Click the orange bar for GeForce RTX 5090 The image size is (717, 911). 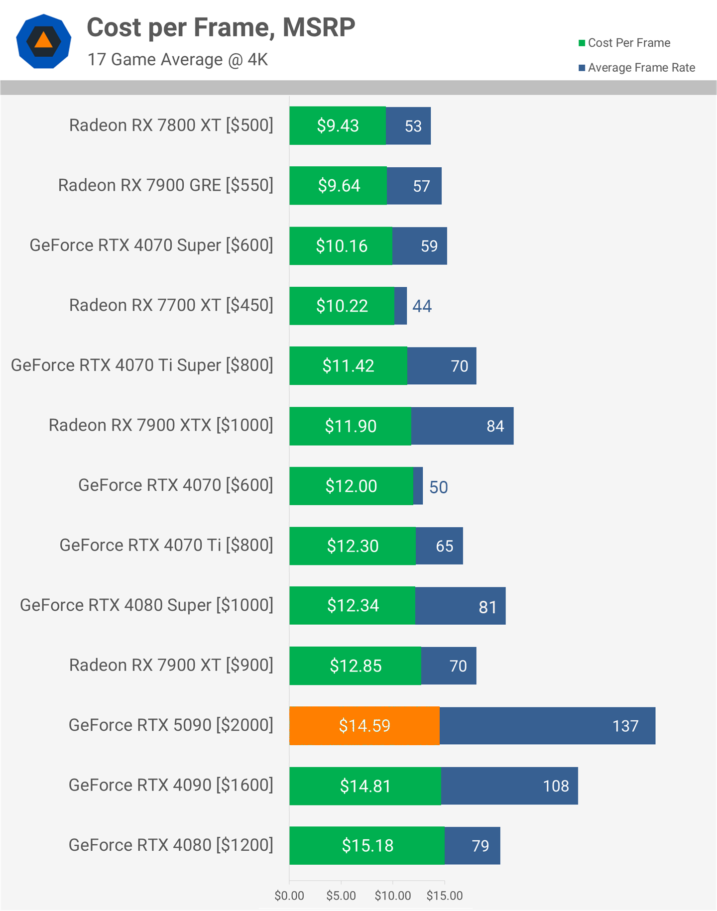tap(364, 726)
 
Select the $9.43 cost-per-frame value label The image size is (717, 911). tap(338, 125)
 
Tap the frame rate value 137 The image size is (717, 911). tap(625, 726)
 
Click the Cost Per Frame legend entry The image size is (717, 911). tap(624, 43)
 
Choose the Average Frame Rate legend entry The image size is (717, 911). tap(637, 68)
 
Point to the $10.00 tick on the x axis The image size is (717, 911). tap(393, 896)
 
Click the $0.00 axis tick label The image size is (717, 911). tap(289, 896)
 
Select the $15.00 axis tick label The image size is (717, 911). tap(445, 896)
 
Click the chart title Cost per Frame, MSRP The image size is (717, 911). tap(221, 27)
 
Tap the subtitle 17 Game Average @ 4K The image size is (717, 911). tap(178, 60)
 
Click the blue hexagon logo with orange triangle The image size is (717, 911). tap(44, 41)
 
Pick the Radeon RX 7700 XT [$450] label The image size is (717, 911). tap(171, 305)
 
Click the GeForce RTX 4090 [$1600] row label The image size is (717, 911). tap(171, 785)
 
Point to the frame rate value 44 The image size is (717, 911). tap(422, 306)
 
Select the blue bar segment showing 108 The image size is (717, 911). tap(509, 786)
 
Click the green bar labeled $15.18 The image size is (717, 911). tap(367, 845)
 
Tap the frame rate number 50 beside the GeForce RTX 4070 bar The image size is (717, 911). tap(439, 487)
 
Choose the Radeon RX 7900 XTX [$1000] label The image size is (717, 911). tap(161, 425)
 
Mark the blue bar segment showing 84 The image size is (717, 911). tap(462, 426)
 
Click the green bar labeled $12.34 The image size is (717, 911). tap(352, 605)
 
